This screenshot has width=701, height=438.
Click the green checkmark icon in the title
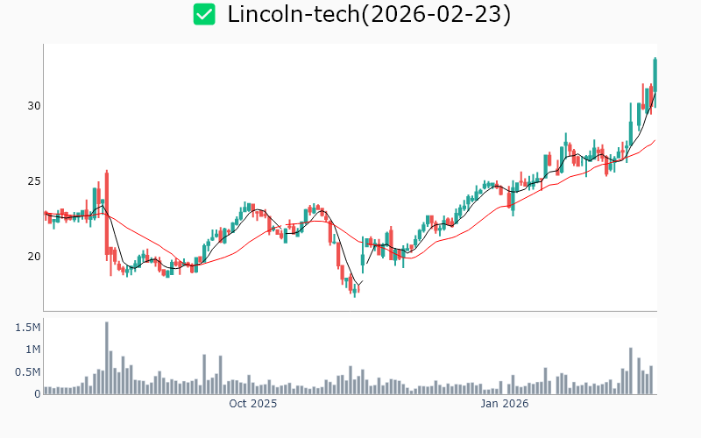[204, 14]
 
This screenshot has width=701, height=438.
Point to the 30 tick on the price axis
[32, 106]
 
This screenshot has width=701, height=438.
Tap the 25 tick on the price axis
[32, 181]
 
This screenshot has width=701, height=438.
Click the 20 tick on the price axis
[32, 257]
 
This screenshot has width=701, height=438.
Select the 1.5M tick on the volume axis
[26, 328]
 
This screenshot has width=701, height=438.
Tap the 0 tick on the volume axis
[37, 394]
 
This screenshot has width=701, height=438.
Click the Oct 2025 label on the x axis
[252, 405]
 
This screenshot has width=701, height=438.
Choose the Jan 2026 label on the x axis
[505, 405]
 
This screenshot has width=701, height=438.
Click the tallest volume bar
[107, 358]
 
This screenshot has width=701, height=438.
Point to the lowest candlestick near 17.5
[355, 288]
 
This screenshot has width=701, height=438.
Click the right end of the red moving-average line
[655, 140]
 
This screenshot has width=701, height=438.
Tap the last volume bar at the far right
[652, 379]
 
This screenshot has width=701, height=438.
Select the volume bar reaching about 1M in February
[630, 371]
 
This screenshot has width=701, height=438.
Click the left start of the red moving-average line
[46, 213]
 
